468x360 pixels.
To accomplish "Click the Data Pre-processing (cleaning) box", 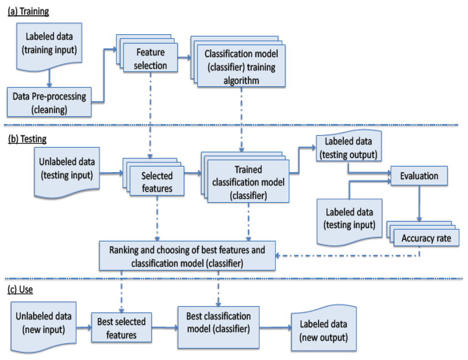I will [x=49, y=101].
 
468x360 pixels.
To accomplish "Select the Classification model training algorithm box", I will [x=241, y=67].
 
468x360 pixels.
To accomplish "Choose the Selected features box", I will [x=157, y=182].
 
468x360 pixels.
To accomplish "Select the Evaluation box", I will [x=419, y=176].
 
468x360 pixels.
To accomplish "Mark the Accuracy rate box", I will [x=425, y=238].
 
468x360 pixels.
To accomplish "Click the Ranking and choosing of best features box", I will [x=187, y=257].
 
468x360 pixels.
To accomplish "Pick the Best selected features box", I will [x=121, y=328].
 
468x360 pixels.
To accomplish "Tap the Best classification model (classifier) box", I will [x=218, y=322].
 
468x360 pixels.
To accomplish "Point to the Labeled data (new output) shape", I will [x=323, y=330].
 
